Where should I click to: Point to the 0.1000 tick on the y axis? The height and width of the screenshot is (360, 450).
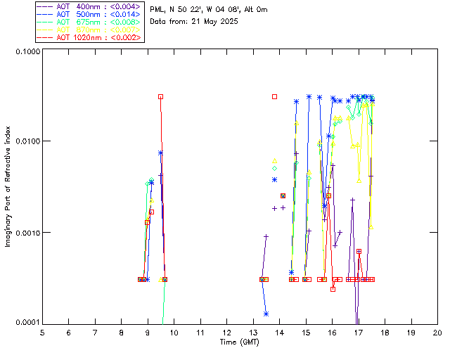click(x=27, y=51)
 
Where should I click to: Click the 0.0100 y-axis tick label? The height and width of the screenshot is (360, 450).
click(x=27, y=141)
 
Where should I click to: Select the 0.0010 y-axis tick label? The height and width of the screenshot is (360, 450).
click(x=27, y=232)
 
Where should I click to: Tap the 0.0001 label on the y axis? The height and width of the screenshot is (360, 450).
click(x=27, y=322)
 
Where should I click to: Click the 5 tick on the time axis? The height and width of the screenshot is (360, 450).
click(x=42, y=332)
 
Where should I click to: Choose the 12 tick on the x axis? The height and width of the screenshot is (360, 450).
click(x=226, y=332)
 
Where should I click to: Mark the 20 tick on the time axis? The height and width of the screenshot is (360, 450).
click(x=437, y=332)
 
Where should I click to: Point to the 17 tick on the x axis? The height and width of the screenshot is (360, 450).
click(x=359, y=332)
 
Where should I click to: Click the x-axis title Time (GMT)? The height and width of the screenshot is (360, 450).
click(x=240, y=342)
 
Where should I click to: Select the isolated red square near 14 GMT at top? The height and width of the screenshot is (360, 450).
click(x=274, y=96)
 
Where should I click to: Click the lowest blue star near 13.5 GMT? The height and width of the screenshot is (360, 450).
click(x=266, y=314)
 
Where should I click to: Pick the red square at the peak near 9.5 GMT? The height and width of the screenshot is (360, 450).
click(x=161, y=96)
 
